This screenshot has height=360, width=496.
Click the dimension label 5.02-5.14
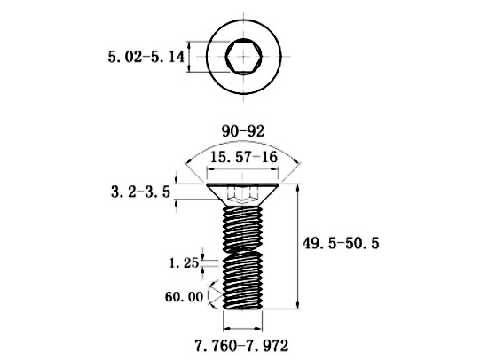[146, 58]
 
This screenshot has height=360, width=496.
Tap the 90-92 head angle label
[243, 131]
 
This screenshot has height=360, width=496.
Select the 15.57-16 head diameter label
[244, 157]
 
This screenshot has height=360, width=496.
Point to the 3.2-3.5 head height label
[140, 192]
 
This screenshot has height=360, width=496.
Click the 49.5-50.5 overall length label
[341, 243]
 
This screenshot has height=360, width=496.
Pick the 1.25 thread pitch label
[185, 263]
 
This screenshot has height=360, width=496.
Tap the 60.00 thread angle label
[184, 297]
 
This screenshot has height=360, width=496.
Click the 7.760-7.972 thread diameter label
[241, 346]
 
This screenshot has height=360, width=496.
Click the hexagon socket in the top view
[244, 57]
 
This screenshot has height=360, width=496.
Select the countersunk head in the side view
[242, 194]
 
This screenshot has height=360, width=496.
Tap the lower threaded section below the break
[243, 281]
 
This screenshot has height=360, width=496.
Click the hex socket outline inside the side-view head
[243, 195]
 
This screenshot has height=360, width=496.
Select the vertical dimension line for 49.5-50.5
[297, 247]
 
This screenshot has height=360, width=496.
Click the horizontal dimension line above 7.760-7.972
[242, 329]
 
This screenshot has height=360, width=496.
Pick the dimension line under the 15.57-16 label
[242, 169]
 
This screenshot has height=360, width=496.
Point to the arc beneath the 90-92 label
[243, 141]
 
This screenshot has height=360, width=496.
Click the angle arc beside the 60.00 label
[209, 296]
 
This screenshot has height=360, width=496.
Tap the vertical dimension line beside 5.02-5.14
[189, 57]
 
